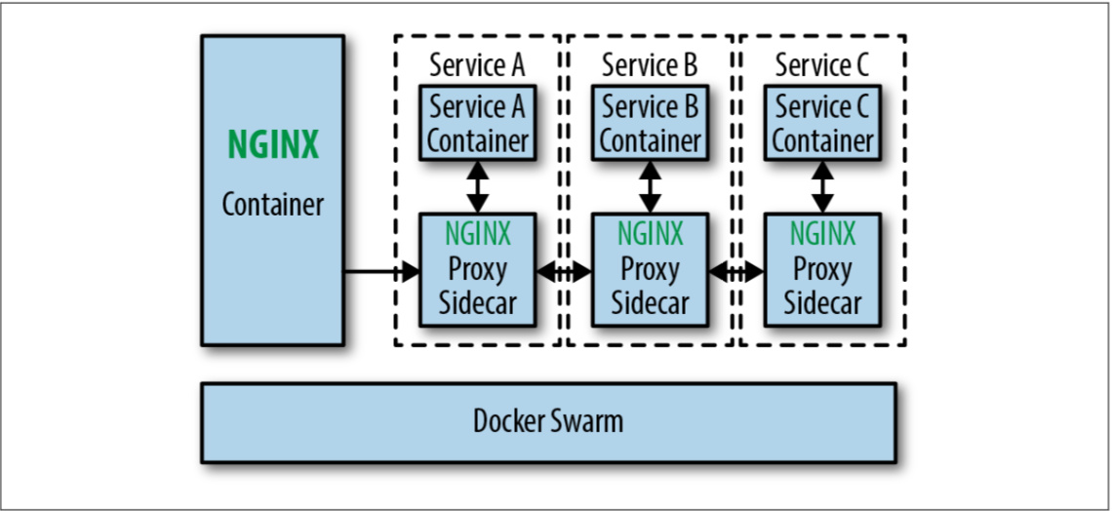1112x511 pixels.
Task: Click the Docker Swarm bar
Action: coord(548,422)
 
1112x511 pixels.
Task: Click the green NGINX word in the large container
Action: coord(273,145)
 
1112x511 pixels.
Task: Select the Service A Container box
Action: coord(477,123)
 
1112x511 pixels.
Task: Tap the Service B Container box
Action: coord(650,123)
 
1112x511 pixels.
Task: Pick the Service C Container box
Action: coord(822,123)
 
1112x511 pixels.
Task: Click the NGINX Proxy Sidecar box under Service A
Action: coord(477,269)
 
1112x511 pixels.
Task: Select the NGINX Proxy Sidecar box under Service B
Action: coord(650,269)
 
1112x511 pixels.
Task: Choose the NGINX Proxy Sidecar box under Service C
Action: coord(822,269)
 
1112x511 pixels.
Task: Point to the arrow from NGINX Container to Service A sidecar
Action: coord(380,271)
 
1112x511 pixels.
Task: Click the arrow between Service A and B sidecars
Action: coord(564,273)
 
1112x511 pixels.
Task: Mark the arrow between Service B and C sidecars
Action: coord(736,273)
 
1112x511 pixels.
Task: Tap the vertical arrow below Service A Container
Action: coord(477,186)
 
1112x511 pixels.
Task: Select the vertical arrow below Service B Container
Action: coord(650,186)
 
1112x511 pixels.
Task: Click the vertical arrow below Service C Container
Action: coord(822,186)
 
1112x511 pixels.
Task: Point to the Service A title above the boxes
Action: coord(477,65)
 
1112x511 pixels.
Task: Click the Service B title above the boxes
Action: coord(650,65)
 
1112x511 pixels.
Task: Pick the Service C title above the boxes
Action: coord(822,65)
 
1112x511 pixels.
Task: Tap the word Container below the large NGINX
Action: coord(273,205)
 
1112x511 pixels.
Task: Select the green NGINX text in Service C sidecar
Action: coord(822,234)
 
